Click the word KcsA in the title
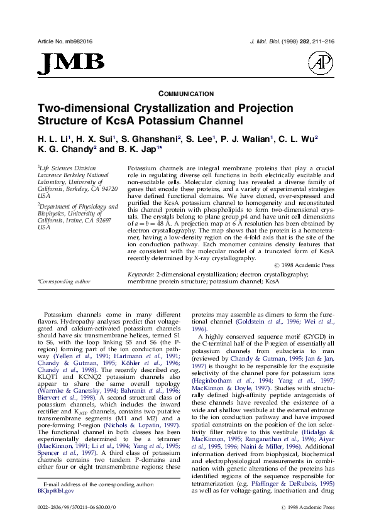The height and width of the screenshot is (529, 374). point(151,120)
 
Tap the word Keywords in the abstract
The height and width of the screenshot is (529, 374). point(141,292)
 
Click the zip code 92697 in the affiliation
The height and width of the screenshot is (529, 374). point(101,221)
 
